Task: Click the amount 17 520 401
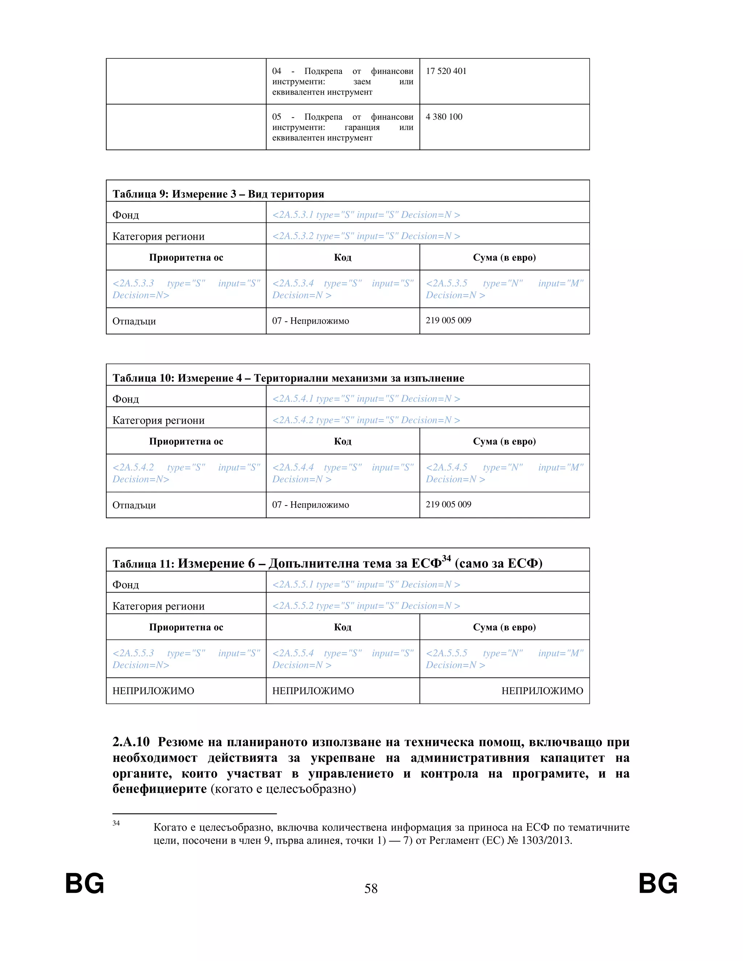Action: tap(446, 71)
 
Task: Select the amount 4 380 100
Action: tap(444, 117)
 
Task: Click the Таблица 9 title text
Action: tap(218, 194)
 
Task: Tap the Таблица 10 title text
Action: tap(288, 378)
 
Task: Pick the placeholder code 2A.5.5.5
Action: tap(447, 653)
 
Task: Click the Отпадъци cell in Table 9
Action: tap(134, 321)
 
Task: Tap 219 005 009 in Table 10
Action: tap(448, 504)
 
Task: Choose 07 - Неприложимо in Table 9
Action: tap(310, 321)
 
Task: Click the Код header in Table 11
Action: tap(342, 627)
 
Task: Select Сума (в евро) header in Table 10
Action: tap(504, 441)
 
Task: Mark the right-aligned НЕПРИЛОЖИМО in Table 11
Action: tap(542, 691)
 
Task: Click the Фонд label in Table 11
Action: tap(126, 585)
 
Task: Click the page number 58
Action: tap(371, 889)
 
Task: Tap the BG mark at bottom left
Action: tap(85, 883)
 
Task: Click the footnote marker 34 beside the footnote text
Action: tap(116, 823)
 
